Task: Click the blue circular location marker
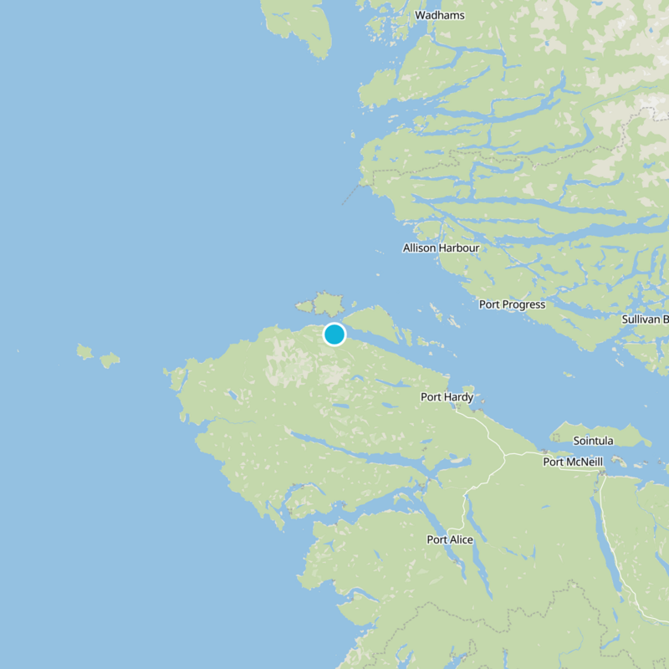334,334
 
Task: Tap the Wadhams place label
440,15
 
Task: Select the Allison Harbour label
441,248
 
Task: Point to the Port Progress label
512,304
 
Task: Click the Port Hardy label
447,397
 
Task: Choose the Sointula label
593,441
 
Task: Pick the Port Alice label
450,539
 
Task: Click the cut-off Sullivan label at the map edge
645,319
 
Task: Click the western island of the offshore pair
84,351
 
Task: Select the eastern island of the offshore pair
110,360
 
